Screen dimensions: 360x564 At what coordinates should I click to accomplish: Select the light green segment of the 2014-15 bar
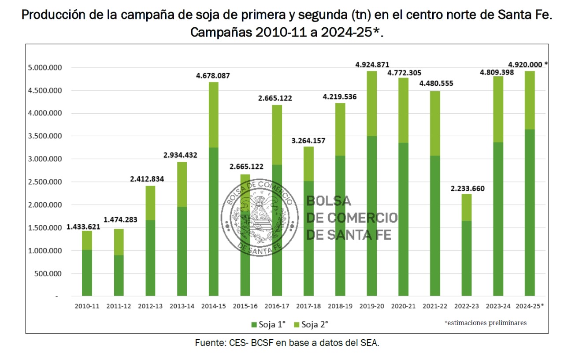click(213, 115)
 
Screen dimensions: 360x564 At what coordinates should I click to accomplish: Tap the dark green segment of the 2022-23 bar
click(467, 258)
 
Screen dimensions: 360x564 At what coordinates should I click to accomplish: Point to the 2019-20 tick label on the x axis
click(372, 306)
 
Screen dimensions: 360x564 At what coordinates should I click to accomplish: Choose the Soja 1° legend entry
click(268, 324)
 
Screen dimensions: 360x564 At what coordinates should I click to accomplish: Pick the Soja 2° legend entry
click(312, 324)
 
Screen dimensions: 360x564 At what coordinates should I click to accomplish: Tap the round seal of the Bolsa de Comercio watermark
click(258, 217)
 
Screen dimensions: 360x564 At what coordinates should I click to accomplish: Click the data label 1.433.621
click(84, 227)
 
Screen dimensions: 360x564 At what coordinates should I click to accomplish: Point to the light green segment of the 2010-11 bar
click(87, 240)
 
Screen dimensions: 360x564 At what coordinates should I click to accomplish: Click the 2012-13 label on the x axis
click(150, 306)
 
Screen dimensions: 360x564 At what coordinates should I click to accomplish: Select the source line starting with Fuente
click(287, 343)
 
